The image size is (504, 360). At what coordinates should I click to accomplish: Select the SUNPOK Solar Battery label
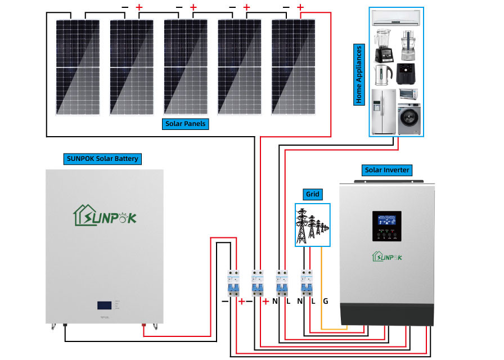[102, 159]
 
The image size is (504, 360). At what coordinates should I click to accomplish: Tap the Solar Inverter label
[388, 170]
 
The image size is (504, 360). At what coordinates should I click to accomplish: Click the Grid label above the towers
[312, 195]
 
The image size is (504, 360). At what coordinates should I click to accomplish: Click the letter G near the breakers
[325, 301]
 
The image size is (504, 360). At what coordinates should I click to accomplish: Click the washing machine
[409, 118]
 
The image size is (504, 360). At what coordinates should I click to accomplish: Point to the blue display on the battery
[104, 305]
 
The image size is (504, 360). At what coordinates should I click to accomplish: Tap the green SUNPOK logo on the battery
[105, 215]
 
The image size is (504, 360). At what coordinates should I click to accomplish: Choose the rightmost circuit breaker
[307, 283]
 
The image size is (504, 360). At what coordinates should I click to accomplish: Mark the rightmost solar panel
[293, 66]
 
